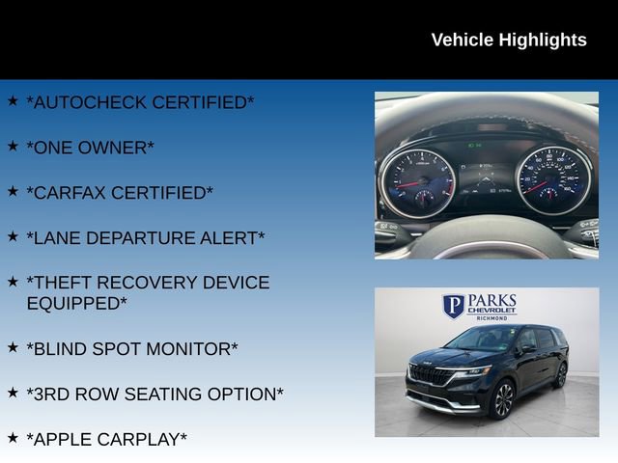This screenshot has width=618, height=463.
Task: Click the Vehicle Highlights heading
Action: pos(508,40)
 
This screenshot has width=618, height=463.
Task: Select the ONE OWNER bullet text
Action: pos(90,148)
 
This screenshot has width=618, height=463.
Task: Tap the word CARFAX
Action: pos(68,193)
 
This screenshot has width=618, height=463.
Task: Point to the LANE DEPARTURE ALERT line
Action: pos(145,237)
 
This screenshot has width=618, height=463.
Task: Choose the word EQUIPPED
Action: pos(76,303)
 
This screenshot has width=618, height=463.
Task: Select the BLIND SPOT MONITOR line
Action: pos(131,348)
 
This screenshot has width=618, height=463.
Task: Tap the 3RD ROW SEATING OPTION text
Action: pos(154,394)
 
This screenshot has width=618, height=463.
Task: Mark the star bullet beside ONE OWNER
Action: pos(13,146)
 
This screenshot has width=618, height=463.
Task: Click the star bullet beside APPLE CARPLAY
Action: pos(13,437)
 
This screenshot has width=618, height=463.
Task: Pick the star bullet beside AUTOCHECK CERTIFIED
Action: pos(13,100)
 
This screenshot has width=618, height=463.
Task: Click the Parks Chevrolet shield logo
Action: pos(454,307)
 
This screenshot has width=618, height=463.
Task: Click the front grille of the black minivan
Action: pos(431,375)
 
